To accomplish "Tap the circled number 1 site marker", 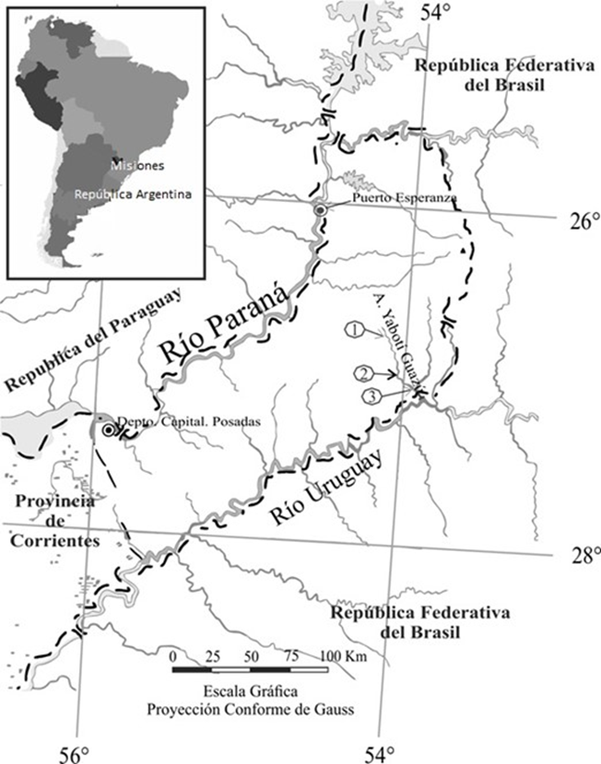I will tap(351, 329).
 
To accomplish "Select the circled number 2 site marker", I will tap(365, 373).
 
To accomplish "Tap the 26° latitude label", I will tap(583, 222).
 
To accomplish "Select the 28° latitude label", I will tap(583, 555).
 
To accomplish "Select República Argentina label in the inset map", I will tap(133, 195).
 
